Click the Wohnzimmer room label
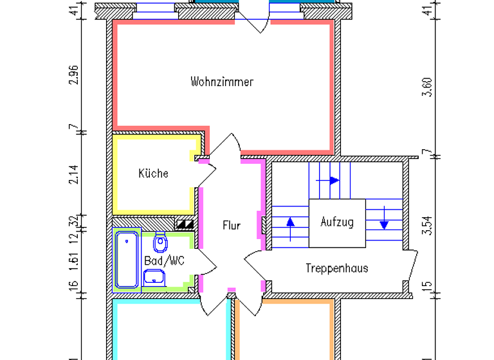coord(222,82)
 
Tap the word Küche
coord(154,174)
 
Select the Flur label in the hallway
coord(232,226)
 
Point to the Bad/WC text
coord(164,261)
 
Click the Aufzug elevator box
coord(337,222)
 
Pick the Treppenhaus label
coord(337,268)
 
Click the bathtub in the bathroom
coord(127,260)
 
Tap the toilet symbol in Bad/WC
coord(160,243)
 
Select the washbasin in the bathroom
coord(154,278)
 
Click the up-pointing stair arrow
coord(290,222)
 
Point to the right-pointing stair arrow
coord(333,181)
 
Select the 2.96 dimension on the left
coord(75,76)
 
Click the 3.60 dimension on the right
coord(425,86)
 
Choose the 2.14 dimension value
coord(75,175)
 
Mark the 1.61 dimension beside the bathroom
coord(75,260)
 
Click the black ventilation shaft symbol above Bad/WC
coord(185,224)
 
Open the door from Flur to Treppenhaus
coord(254,264)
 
